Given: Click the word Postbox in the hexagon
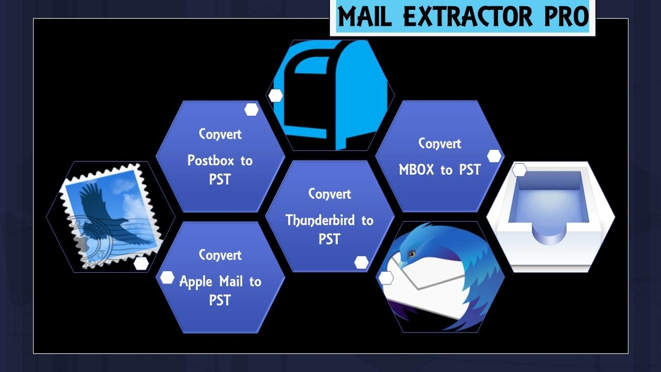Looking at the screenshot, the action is tap(210, 160).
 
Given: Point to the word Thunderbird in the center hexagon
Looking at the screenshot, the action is tap(320, 220).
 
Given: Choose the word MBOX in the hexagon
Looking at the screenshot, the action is tap(416, 170).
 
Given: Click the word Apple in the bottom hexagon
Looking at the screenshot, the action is tap(196, 282).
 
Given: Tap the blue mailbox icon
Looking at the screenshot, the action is tap(330, 95).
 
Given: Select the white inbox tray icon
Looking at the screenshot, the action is tap(551, 217).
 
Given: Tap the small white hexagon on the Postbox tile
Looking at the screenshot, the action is tap(251, 110).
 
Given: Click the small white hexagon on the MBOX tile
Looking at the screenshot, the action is tap(494, 156).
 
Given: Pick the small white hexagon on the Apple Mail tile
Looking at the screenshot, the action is tap(167, 278).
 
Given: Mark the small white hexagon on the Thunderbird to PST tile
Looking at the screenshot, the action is tap(361, 262).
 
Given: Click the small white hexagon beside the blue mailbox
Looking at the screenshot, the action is tap(275, 96).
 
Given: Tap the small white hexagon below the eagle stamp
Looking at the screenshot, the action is tap(141, 263).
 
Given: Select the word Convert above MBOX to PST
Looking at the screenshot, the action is tap(440, 143).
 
